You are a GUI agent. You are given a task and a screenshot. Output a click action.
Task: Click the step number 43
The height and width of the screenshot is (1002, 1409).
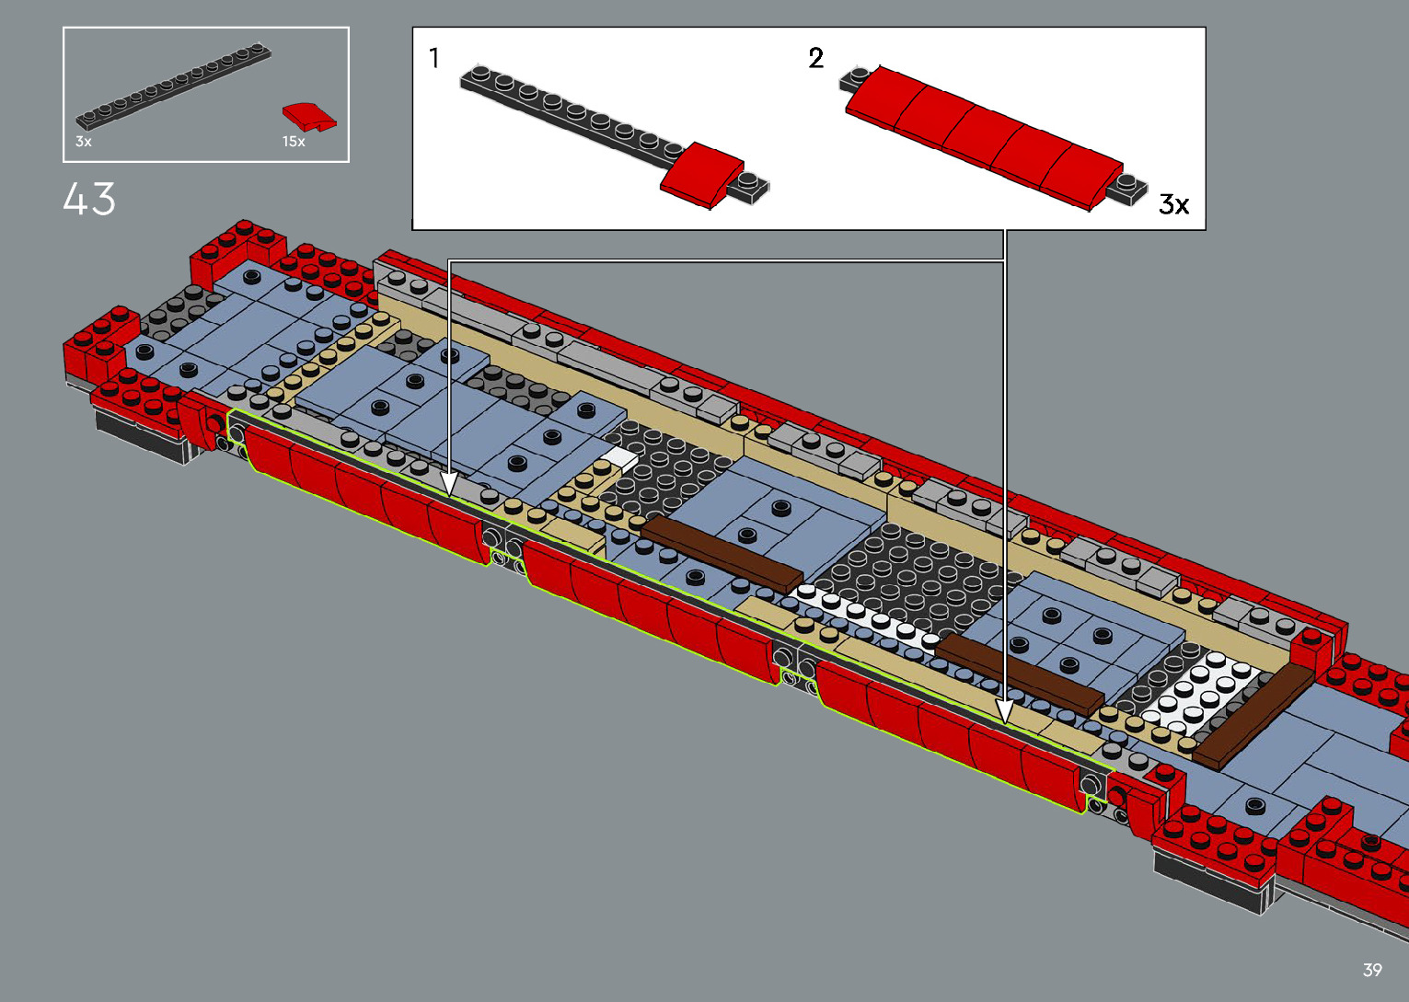coord(89,199)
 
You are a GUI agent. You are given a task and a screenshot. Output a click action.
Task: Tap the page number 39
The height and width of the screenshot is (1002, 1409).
coord(1372,969)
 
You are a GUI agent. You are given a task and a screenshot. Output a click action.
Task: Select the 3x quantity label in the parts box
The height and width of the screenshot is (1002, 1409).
coord(84,142)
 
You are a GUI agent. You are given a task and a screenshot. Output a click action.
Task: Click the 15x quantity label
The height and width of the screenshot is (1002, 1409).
coord(294,142)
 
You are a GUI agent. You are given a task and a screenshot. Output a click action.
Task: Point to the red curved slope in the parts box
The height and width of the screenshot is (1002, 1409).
coord(309,117)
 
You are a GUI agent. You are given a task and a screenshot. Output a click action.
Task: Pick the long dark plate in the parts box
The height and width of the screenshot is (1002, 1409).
coord(173,86)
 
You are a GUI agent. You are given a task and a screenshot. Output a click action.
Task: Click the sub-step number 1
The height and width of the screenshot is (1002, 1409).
coord(434,58)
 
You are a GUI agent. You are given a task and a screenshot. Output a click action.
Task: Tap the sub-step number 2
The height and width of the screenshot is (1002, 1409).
coord(815,58)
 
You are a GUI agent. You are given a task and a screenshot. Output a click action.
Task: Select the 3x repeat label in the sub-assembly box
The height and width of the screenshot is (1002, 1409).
coord(1173,204)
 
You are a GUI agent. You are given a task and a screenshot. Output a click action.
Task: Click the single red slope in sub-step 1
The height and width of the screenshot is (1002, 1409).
coord(702,174)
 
